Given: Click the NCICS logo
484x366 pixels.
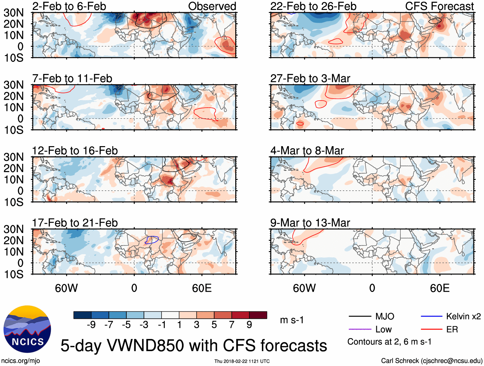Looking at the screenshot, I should (x=27, y=329).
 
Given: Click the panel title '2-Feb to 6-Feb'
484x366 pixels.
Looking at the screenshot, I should (x=69, y=6).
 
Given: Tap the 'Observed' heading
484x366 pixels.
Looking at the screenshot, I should (x=212, y=6).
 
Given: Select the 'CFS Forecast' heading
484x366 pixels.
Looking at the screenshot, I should (x=439, y=6).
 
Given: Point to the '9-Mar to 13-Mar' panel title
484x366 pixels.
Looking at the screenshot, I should (x=310, y=223).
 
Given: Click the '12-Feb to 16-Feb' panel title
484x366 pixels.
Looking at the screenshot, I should (x=75, y=151).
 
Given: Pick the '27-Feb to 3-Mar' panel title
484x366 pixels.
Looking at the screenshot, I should (x=310, y=79).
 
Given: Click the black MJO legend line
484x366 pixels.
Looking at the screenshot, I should (x=360, y=317).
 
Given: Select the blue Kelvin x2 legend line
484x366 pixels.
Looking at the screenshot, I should (x=431, y=317).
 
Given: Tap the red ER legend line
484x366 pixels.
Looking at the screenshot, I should (x=431, y=329).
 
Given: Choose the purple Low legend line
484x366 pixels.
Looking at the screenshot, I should (x=360, y=329).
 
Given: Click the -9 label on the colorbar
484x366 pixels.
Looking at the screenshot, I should (x=91, y=325).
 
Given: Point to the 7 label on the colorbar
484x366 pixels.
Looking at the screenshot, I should (x=232, y=325).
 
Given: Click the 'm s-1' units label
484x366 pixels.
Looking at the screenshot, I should (x=292, y=320).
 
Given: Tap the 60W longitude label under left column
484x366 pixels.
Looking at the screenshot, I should (x=66, y=288).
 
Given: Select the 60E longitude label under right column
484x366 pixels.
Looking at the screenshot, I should (x=439, y=288).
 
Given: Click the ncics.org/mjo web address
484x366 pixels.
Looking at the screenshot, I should (x=21, y=361).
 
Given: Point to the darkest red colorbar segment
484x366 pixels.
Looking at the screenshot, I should (x=258, y=315).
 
